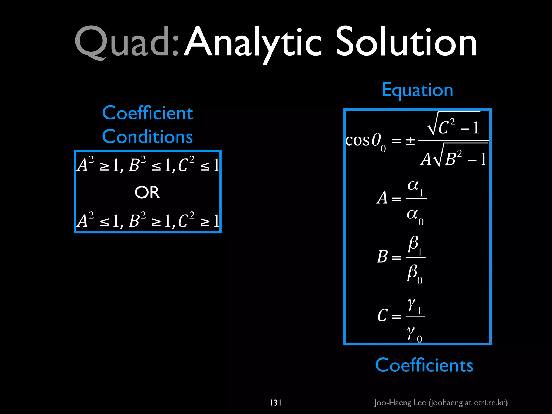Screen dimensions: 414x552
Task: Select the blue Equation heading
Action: click(417, 90)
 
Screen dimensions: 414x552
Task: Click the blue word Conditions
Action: click(147, 137)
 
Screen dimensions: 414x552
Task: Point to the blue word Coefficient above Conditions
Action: click(147, 113)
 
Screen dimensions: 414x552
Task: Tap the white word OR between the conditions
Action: click(147, 192)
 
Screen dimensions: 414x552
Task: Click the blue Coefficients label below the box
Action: click(424, 365)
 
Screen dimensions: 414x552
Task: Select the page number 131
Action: click(275, 403)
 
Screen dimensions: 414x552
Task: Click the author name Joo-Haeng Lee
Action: click(400, 403)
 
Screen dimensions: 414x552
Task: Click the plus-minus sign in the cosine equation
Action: click(410, 141)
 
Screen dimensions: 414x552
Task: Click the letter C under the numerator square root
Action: click(444, 127)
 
